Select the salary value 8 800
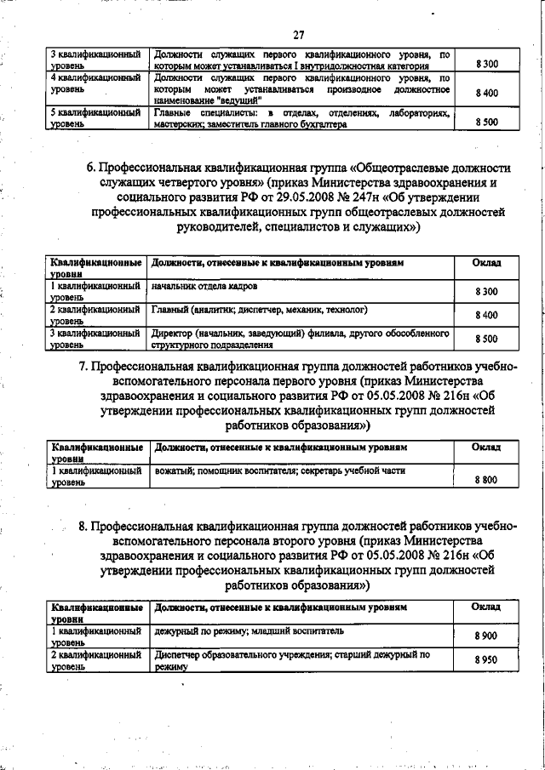pyautogui.click(x=485, y=480)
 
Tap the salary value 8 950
pyautogui.click(x=485, y=660)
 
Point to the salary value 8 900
pyautogui.click(x=485, y=636)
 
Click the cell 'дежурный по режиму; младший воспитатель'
pyautogui.click(x=250, y=632)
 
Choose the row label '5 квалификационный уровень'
pyautogui.click(x=95, y=117)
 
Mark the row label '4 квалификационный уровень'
pyautogui.click(x=95, y=83)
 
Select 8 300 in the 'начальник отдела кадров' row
pyautogui.click(x=485, y=292)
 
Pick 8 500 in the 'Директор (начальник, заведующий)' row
pyautogui.click(x=485, y=339)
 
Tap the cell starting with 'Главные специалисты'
pyautogui.click(x=302, y=117)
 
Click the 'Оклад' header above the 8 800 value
pyautogui.click(x=485, y=447)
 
